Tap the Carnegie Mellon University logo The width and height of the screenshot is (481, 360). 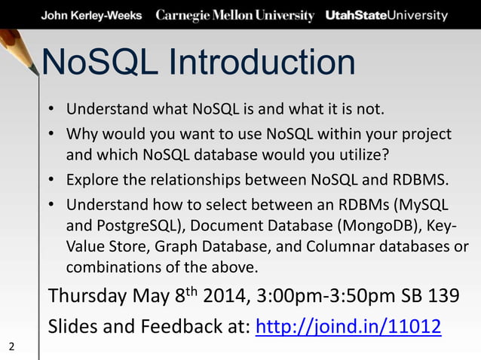(x=234, y=15)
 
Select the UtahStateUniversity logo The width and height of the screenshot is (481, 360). (x=386, y=15)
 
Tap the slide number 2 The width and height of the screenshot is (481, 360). (x=11, y=346)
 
